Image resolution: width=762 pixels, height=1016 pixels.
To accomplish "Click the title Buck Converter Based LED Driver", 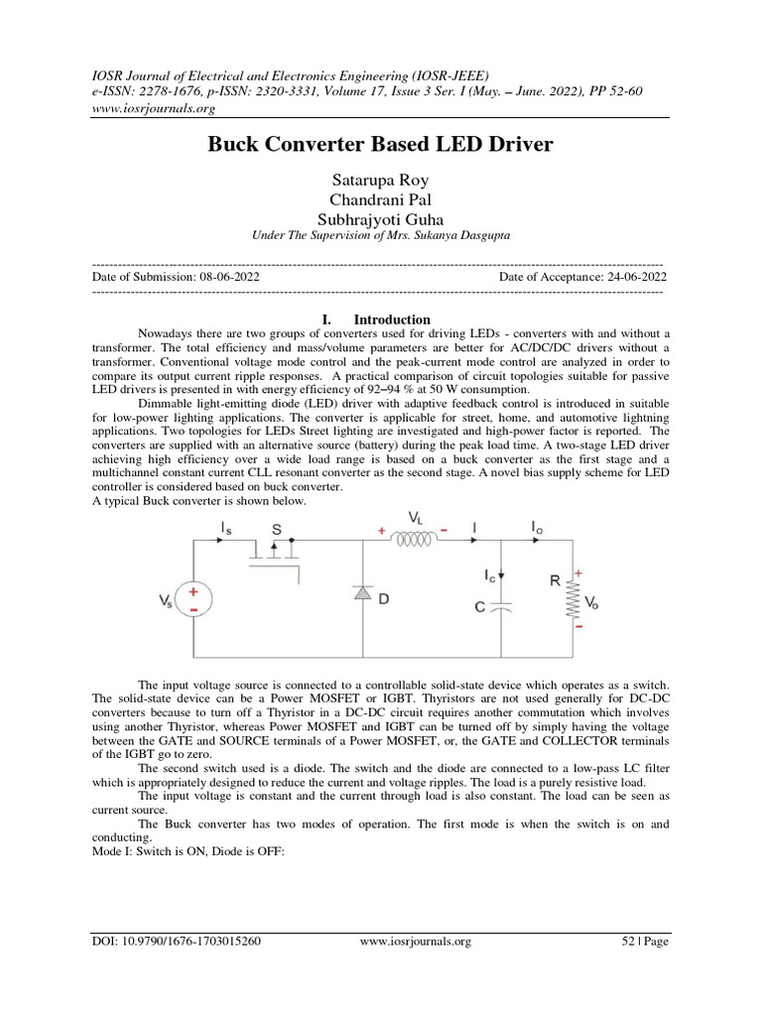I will click(x=380, y=145).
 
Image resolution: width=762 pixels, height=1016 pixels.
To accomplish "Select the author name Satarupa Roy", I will click(x=380, y=183).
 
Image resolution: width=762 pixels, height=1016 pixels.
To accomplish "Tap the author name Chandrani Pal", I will click(x=380, y=201).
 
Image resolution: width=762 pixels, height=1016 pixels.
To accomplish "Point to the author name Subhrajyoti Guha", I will click(x=380, y=220).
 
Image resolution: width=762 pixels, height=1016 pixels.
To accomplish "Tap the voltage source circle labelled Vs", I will click(x=193, y=599).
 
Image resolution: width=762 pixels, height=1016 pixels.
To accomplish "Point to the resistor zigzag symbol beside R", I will click(x=571, y=598).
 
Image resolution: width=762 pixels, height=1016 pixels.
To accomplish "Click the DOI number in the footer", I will click(x=176, y=942).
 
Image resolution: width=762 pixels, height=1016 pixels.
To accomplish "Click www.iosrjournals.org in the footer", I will click(x=414, y=942).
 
